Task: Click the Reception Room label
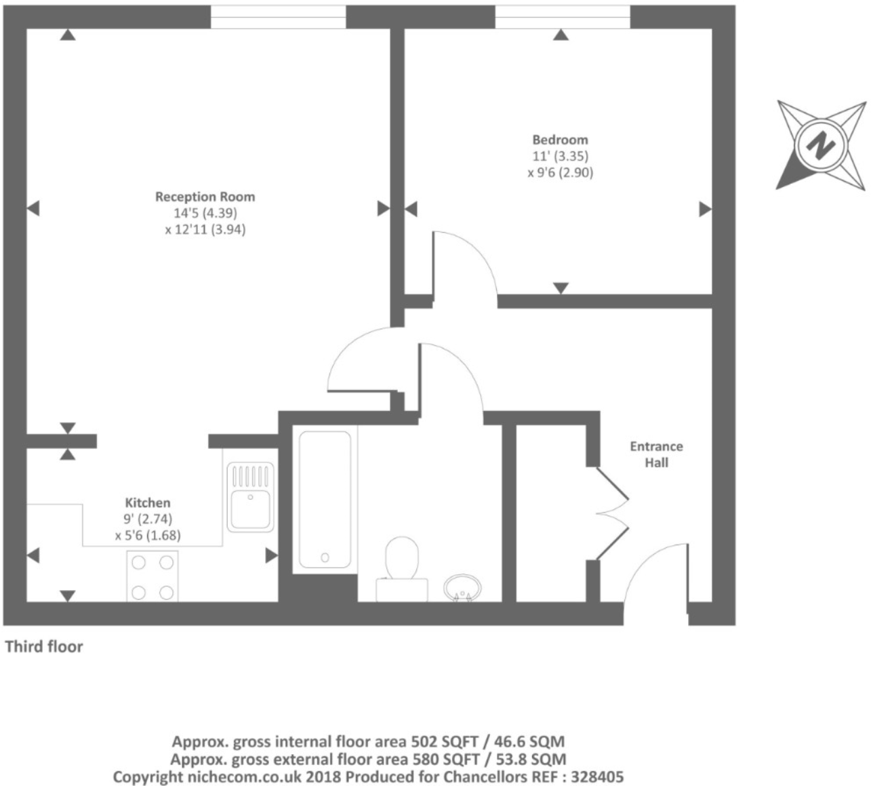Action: coord(205,197)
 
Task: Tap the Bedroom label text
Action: coord(560,140)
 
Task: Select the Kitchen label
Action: coord(148,503)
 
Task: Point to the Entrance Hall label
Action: coord(656,454)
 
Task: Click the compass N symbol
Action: coord(822,144)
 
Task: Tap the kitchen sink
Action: coord(250,497)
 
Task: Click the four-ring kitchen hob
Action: coord(153,576)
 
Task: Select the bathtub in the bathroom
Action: coord(325,498)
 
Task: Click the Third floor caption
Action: coord(44,646)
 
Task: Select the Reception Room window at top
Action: coord(278,17)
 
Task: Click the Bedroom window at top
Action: coord(562,17)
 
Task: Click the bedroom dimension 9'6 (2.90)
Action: coord(560,172)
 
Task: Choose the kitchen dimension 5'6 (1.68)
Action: coord(148,535)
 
